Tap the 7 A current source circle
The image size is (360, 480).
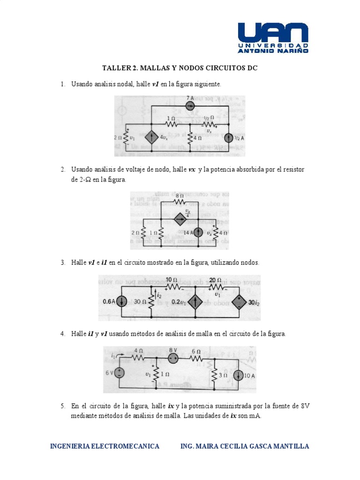tap(190, 106)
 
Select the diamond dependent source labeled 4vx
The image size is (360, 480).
tap(151, 138)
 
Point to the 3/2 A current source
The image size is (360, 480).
tap(228, 138)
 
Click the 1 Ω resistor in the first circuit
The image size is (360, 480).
tap(171, 125)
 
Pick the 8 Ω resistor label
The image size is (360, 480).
tap(179, 195)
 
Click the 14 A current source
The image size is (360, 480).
tap(199, 232)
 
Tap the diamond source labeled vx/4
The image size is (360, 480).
tap(180, 219)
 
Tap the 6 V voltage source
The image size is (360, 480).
tap(119, 373)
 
